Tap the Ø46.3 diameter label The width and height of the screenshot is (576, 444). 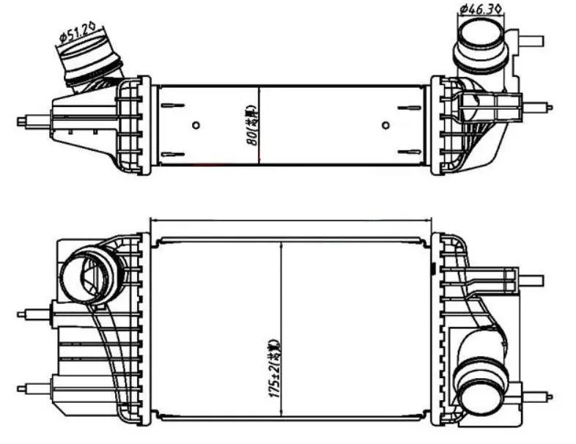click(480, 10)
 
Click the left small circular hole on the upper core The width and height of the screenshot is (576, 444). click(195, 125)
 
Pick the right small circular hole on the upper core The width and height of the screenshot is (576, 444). click(386, 125)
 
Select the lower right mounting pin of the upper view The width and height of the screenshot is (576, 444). click(538, 107)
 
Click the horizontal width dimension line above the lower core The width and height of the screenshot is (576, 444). click(291, 219)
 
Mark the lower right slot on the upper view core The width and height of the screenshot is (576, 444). click(408, 152)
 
